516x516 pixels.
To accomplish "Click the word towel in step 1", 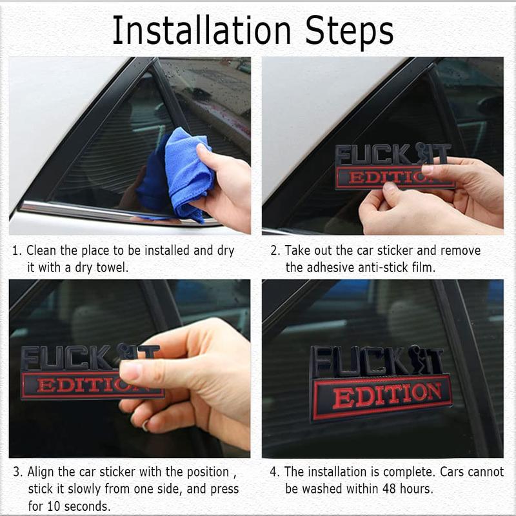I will pos(113,267).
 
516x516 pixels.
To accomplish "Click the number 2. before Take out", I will pos(275,250).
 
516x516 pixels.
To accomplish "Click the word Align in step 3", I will pos(43,471).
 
